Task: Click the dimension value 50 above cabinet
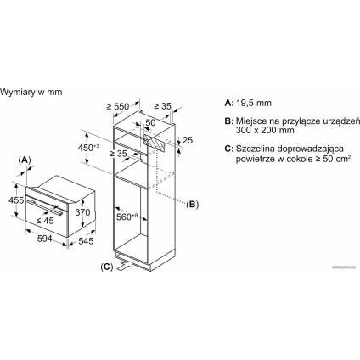pos(149,123)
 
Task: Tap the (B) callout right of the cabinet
pos(193,204)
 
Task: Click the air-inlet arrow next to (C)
pos(127,266)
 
